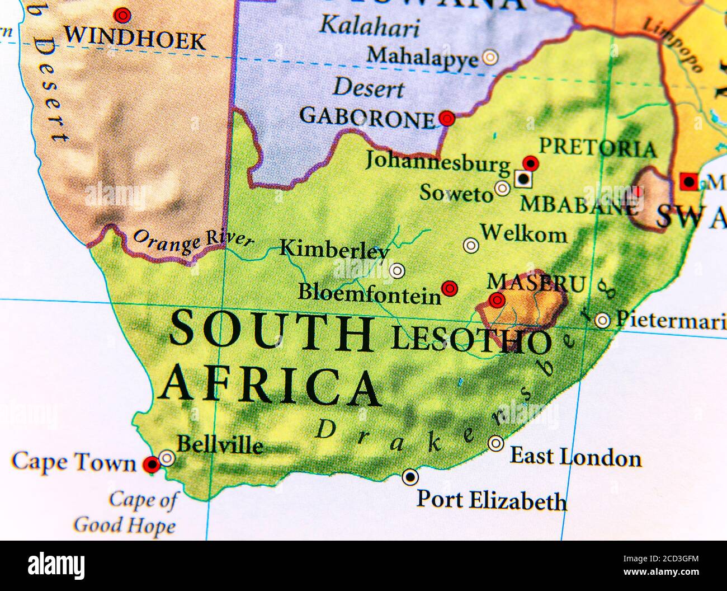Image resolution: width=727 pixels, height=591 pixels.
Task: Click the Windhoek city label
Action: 135,39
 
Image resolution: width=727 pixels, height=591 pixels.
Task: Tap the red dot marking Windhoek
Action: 121,14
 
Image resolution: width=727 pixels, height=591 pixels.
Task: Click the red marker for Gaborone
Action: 447,118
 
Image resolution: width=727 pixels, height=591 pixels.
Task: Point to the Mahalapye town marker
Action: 490,57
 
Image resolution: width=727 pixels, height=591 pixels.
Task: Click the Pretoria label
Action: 597,148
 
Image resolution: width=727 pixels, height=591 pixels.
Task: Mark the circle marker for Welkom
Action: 471,245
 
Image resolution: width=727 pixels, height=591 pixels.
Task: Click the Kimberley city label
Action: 334,249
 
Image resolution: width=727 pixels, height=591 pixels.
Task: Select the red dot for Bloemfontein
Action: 449,288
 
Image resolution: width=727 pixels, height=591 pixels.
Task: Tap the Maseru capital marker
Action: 496,301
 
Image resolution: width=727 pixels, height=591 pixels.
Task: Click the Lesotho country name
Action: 470,339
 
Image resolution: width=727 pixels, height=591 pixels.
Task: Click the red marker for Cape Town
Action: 150,463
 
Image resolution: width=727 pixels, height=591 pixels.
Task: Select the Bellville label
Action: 219,445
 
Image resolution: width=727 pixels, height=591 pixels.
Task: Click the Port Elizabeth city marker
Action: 410,476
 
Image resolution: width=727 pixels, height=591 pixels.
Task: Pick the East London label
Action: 575,457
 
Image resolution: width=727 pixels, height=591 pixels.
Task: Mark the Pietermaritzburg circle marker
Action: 602,320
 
